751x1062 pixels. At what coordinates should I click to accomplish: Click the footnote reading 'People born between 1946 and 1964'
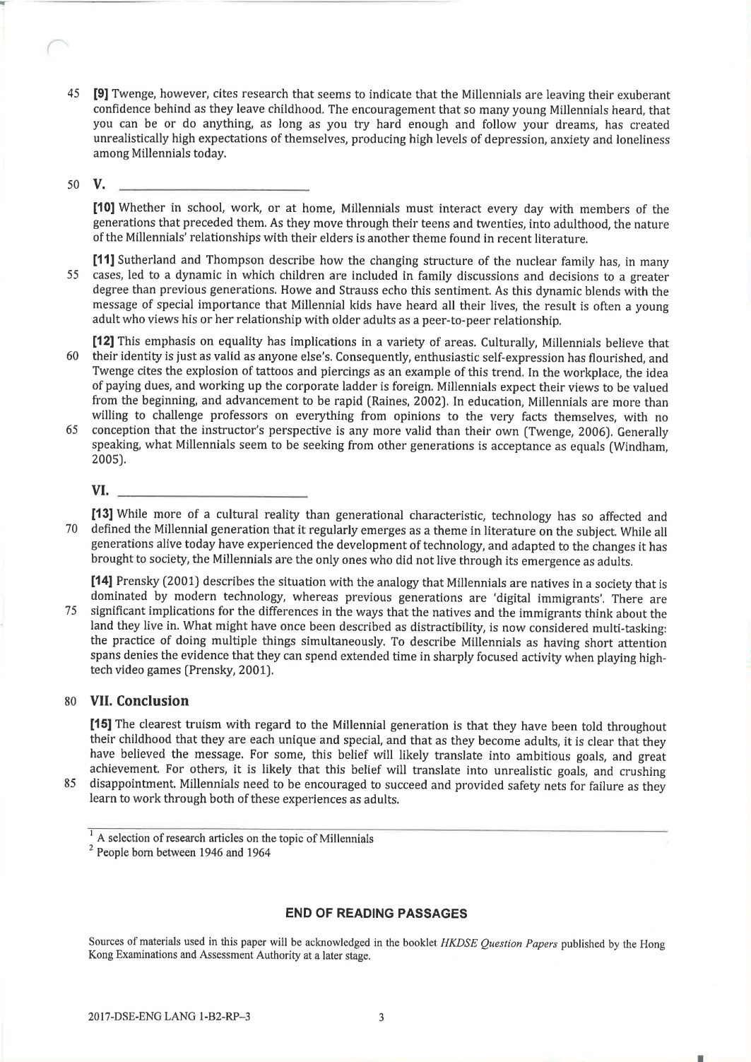182,852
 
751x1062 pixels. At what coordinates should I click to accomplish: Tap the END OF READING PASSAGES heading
376,914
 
